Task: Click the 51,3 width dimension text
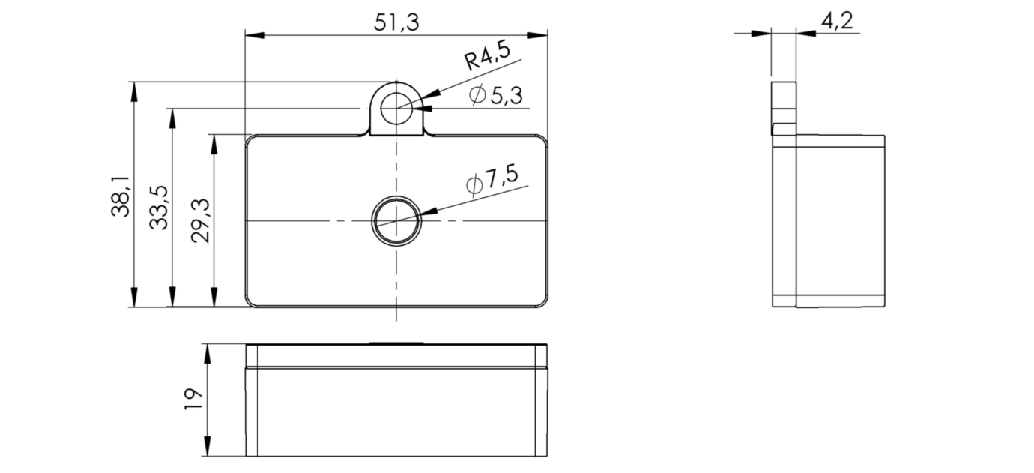tap(396, 22)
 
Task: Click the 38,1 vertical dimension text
tap(121, 197)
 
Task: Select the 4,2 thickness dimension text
tap(837, 21)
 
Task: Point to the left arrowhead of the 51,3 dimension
tap(256, 35)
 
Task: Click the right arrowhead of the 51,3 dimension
tap(538, 35)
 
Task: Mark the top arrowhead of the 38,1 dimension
tap(134, 91)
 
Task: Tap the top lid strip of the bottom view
tap(396, 356)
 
